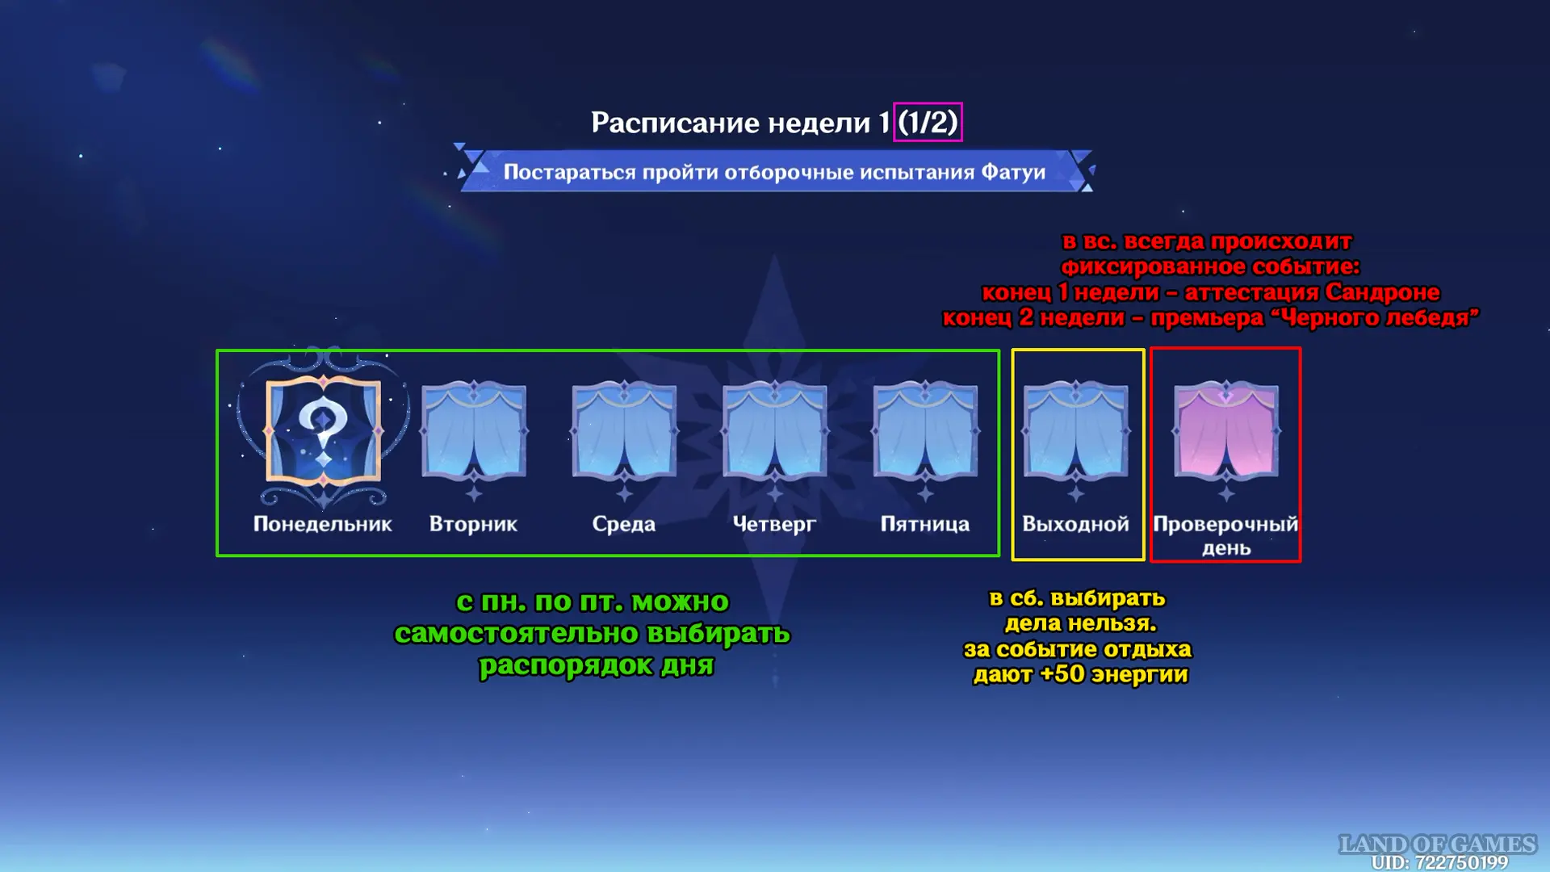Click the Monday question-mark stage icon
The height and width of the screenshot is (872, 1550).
323,431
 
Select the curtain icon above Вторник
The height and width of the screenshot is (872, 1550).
474,430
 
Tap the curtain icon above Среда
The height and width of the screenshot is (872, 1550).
624,430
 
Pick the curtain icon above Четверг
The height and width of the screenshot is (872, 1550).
775,430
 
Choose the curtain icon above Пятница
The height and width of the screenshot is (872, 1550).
925,430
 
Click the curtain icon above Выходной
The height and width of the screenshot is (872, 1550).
1075,430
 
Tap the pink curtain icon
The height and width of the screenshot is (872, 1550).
1226,430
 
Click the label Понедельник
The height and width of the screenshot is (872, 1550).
323,525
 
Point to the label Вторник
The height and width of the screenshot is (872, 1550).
473,525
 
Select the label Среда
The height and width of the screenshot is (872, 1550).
624,525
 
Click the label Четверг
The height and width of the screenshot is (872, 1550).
774,525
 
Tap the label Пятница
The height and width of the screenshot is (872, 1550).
925,525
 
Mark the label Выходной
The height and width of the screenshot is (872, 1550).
1075,525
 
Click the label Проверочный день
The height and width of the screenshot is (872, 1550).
1225,536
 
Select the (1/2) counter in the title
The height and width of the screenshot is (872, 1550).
928,123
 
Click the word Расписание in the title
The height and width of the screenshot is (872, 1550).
675,123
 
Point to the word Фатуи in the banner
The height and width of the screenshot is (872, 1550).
1013,172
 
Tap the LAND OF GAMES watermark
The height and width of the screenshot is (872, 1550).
1437,844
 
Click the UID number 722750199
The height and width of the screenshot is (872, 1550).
1461,862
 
